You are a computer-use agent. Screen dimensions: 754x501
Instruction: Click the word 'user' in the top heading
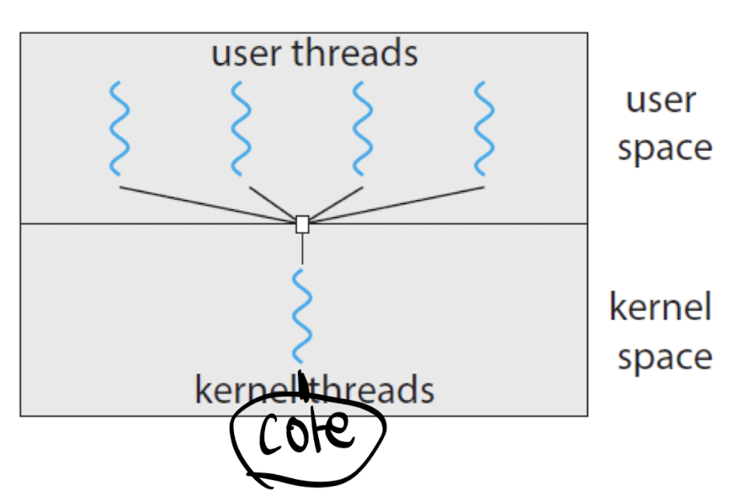pyautogui.click(x=246, y=54)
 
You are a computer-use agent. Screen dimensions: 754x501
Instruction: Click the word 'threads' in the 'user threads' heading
pyautogui.click(x=355, y=51)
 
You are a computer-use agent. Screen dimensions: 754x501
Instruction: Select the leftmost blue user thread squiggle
pyautogui.click(x=119, y=129)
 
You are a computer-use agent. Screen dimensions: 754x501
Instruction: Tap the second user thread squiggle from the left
pyautogui.click(x=241, y=129)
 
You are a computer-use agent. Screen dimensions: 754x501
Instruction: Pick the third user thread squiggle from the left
pyautogui.click(x=362, y=129)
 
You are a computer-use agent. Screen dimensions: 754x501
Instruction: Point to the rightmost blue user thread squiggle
pyautogui.click(x=484, y=129)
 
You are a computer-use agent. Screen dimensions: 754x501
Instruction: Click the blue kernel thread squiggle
pyautogui.click(x=302, y=316)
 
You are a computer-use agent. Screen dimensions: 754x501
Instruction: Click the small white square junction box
pyautogui.click(x=302, y=224)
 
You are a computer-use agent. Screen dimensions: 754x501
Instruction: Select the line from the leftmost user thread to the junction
pyautogui.click(x=208, y=204)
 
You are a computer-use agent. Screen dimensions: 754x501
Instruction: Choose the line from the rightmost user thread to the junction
pyautogui.click(x=396, y=205)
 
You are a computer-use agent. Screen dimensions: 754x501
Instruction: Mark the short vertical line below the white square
pyautogui.click(x=302, y=248)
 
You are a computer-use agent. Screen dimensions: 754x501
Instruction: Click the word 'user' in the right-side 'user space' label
pyautogui.click(x=661, y=101)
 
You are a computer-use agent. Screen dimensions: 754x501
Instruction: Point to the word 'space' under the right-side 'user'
pyautogui.click(x=665, y=150)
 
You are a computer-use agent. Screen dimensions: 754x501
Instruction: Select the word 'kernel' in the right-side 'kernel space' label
pyautogui.click(x=661, y=306)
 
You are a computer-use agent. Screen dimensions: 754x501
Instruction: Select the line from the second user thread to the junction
pyautogui.click(x=273, y=203)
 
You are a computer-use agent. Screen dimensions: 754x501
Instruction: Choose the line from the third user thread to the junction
pyautogui.click(x=336, y=203)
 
